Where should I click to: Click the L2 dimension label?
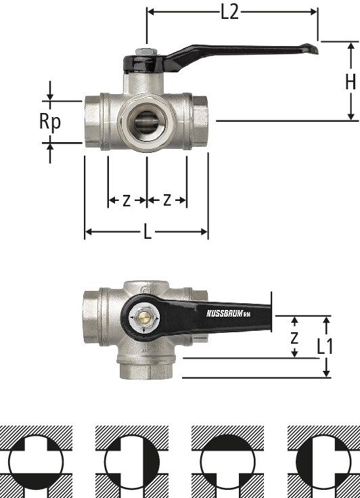tap(229, 13)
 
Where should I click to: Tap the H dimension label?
tap(351, 82)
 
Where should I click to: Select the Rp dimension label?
tap(50, 122)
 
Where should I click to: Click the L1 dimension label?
tap(325, 346)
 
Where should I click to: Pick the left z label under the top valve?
tap(127, 201)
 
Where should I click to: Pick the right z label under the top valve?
tap(167, 200)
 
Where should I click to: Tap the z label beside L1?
tap(294, 338)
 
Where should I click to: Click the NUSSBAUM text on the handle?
tap(225, 313)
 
